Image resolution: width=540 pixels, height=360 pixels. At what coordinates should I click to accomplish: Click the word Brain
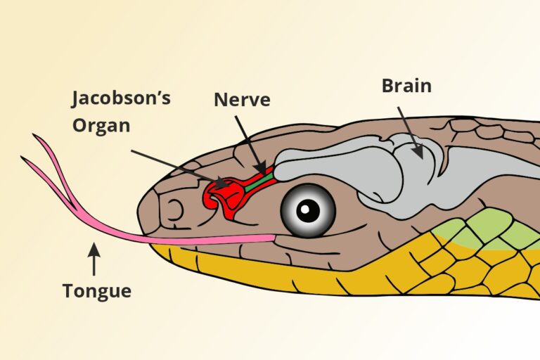(x=406, y=86)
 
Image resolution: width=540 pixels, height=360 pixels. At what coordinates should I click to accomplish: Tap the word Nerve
(x=242, y=100)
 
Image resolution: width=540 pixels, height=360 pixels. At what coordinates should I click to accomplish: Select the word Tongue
(x=96, y=290)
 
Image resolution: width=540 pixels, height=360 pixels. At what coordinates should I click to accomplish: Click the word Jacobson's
(x=122, y=99)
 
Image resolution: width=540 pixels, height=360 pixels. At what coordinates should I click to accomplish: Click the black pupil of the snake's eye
(x=307, y=209)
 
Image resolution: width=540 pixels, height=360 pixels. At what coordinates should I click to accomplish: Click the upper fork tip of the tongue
(x=35, y=136)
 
